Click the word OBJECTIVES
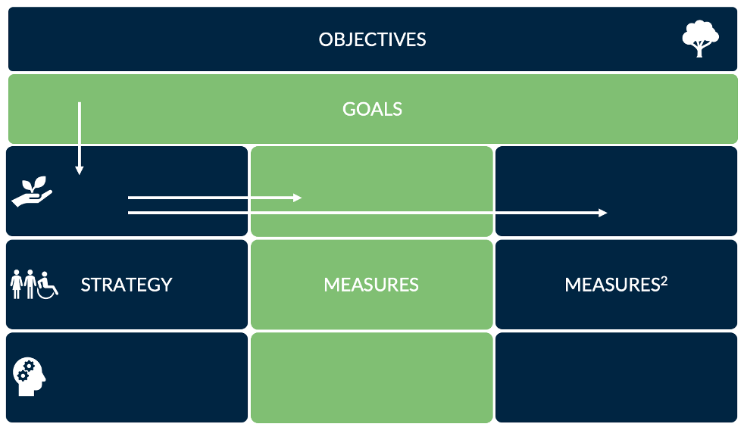pyautogui.click(x=372, y=39)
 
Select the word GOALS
pyautogui.click(x=372, y=109)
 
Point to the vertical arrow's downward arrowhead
pyautogui.click(x=79, y=170)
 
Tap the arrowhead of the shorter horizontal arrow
pyautogui.click(x=298, y=198)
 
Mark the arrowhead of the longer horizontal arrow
pyautogui.click(x=603, y=213)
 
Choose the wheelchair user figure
pyautogui.click(x=48, y=285)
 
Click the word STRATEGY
pyautogui.click(x=127, y=285)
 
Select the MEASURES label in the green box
pyautogui.click(x=371, y=285)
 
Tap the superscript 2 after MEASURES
pyautogui.click(x=664, y=279)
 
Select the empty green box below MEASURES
pyautogui.click(x=371, y=377)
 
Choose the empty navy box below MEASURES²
pyautogui.click(x=616, y=377)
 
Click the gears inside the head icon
pyautogui.click(x=26, y=370)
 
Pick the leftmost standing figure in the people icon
pyautogui.click(x=17, y=285)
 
